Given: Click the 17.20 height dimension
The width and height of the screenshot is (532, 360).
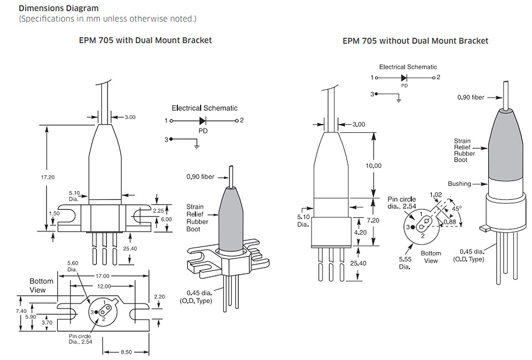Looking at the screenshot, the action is pos(48,177).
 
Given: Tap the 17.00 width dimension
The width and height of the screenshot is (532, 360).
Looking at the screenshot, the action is pos(103,276).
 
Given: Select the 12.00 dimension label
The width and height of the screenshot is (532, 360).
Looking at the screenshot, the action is pos(104,286).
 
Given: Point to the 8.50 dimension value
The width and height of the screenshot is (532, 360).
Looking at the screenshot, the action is pos(126,352).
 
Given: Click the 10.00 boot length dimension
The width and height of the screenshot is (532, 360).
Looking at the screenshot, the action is pos(373,166).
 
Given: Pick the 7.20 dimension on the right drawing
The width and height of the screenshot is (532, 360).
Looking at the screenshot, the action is pos(373,220).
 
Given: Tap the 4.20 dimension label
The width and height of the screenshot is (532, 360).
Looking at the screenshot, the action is pos(360,233).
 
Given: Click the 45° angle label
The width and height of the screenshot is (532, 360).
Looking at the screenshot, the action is pos(457,208).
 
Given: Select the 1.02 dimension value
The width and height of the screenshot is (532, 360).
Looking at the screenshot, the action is pos(436,194).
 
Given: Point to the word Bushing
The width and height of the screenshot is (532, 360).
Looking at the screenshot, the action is pos(459,184).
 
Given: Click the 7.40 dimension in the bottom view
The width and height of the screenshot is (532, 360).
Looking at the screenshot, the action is pos(21,311).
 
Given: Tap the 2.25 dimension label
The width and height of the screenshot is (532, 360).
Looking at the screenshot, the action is pos(158,210).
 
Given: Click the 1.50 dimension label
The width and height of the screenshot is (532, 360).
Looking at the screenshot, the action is pos(54,214).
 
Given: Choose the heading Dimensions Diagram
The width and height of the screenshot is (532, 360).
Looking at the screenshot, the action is pos(59,8).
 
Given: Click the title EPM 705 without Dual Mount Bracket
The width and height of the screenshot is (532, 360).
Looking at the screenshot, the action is pos(415,41).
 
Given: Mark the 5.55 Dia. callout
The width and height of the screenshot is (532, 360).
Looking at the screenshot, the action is pos(405,263).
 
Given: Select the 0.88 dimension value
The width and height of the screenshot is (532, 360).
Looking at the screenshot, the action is pos(450,222).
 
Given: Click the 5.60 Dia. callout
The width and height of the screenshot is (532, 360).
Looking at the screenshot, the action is pos(73,266).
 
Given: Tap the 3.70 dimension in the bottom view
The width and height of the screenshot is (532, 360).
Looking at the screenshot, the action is pos(47,323).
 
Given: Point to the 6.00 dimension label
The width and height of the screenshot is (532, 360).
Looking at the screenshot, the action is pos(166,219).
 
